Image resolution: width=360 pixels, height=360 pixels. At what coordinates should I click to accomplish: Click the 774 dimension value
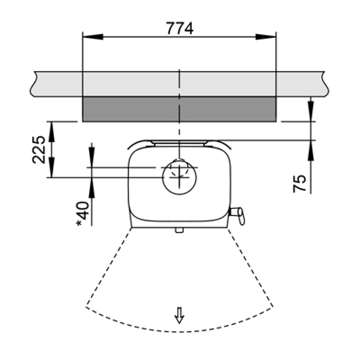(x=180, y=28)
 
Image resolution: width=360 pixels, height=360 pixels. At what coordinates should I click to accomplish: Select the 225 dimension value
(x=39, y=150)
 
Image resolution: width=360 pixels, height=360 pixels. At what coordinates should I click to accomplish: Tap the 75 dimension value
(x=300, y=184)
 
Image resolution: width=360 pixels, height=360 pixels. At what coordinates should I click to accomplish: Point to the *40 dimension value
(x=83, y=214)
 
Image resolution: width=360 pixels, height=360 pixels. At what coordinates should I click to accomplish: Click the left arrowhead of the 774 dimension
(x=93, y=37)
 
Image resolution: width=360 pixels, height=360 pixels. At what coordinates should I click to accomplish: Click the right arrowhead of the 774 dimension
(x=266, y=37)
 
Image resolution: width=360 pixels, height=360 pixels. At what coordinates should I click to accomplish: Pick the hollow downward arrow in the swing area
(x=179, y=315)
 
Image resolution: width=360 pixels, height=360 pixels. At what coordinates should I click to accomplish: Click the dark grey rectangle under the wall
(x=179, y=109)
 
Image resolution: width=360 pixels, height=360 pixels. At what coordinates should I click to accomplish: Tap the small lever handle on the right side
(x=238, y=215)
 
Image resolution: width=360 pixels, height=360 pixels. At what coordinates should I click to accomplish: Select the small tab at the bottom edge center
(x=179, y=230)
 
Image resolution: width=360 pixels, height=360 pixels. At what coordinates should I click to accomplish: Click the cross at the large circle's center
(x=180, y=177)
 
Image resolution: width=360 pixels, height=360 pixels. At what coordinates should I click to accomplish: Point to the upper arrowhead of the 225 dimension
(x=52, y=132)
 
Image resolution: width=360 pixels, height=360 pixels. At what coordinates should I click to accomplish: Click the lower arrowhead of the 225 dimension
(x=52, y=167)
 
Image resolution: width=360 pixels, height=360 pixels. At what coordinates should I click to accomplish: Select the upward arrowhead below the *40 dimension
(x=92, y=188)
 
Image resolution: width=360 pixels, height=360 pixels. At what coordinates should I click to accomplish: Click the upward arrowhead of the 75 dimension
(x=311, y=150)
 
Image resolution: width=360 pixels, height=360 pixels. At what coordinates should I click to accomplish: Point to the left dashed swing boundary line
(x=108, y=267)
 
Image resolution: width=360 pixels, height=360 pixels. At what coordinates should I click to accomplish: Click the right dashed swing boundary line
(x=250, y=267)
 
